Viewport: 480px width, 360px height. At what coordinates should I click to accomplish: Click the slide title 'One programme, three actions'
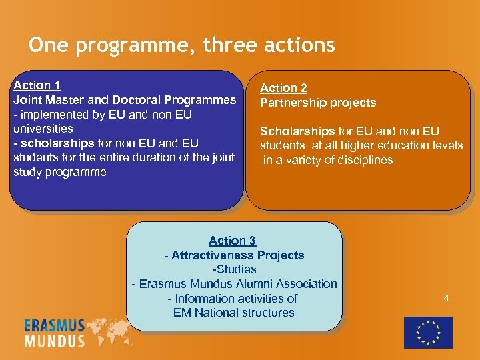tap(181, 45)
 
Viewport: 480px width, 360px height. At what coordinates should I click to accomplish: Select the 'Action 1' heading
tap(37, 85)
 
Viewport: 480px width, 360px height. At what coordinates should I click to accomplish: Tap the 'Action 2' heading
tap(283, 88)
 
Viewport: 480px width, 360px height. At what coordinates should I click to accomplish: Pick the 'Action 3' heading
tap(232, 241)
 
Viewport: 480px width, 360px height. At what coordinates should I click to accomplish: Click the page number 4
tap(446, 298)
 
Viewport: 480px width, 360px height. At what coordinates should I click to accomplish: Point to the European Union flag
tap(428, 332)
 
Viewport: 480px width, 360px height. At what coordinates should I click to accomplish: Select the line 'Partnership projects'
tap(318, 103)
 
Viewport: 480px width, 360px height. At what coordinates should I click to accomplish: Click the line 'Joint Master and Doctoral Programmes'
tap(125, 100)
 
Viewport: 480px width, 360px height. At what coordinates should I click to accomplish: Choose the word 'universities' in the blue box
tap(43, 129)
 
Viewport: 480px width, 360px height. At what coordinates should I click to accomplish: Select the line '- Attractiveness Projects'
tap(234, 255)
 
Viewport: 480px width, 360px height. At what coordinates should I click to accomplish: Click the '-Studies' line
tap(234, 269)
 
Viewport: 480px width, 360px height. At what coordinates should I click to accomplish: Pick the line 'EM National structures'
tap(234, 313)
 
